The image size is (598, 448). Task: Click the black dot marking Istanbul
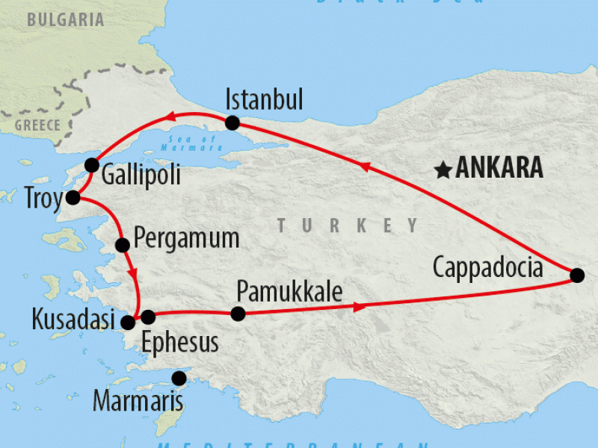pyautogui.click(x=232, y=122)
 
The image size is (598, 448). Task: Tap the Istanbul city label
pyautogui.click(x=264, y=99)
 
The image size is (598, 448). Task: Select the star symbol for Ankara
pyautogui.click(x=443, y=170)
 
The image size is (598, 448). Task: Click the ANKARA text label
pyautogui.click(x=499, y=169)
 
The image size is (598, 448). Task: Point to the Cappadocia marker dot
pyautogui.click(x=576, y=276)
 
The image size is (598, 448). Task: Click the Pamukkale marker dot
pyautogui.click(x=238, y=314)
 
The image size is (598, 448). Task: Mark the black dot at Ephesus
pyautogui.click(x=148, y=317)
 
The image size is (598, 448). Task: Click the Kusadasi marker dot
pyautogui.click(x=128, y=323)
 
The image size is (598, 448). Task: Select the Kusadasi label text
pyautogui.click(x=73, y=320)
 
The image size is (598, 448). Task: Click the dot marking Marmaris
pyautogui.click(x=179, y=378)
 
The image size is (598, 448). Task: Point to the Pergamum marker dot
pyautogui.click(x=123, y=244)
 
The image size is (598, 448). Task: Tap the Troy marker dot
pyautogui.click(x=73, y=198)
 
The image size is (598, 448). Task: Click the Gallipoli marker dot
pyautogui.click(x=91, y=164)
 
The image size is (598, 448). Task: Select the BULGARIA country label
pyautogui.click(x=66, y=20)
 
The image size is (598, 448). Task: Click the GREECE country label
pyautogui.click(x=37, y=125)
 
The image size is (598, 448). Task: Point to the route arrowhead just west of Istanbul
pyautogui.click(x=170, y=116)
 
